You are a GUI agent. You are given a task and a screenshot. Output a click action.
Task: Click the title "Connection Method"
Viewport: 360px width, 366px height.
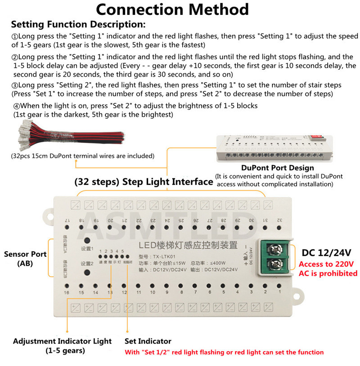pos(172,9)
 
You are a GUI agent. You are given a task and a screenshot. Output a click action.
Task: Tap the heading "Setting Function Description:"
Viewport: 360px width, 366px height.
pos(78,24)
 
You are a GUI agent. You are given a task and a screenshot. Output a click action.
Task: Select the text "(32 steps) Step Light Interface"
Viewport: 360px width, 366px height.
pos(143,182)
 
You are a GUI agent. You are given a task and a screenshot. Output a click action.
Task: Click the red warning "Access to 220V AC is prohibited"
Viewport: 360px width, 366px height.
pos(328,269)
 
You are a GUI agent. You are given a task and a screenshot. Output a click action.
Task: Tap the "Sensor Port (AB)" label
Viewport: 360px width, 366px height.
pos(25,258)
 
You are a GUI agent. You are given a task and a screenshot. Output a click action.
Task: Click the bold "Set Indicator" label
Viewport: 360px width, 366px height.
pos(148,341)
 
